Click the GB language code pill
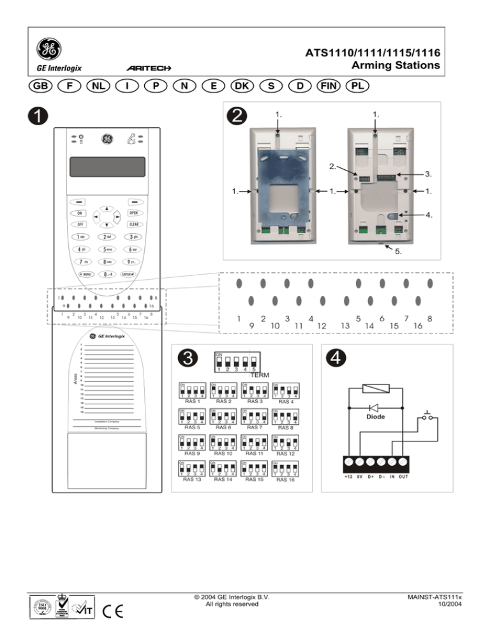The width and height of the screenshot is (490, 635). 43,85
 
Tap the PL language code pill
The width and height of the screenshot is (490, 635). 358,85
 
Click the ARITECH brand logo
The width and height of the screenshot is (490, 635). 147,67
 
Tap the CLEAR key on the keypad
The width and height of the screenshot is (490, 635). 134,224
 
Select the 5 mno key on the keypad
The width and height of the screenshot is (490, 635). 107,249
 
